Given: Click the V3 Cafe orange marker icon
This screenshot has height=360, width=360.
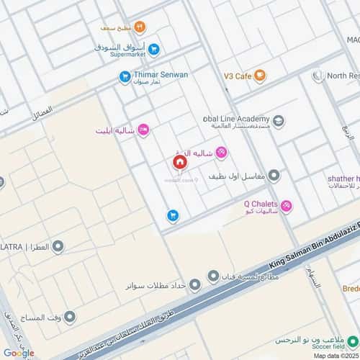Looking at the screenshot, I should click(x=260, y=74).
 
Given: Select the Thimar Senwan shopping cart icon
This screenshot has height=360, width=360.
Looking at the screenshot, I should click(x=125, y=75).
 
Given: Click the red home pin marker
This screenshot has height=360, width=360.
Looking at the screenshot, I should click(x=179, y=162).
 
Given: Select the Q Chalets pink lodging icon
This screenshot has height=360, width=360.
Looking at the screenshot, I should click(x=287, y=207).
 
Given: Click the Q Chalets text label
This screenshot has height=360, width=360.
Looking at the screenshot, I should click(x=261, y=203).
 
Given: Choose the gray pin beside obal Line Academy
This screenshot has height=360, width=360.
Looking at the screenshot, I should click(x=279, y=121).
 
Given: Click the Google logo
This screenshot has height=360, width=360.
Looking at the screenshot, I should click(x=18, y=352).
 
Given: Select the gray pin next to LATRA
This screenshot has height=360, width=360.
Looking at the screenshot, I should click(x=58, y=247).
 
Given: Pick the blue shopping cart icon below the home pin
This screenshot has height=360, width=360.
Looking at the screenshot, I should click(x=173, y=215).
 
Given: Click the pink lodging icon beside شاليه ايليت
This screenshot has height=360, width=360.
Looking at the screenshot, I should click(x=143, y=130).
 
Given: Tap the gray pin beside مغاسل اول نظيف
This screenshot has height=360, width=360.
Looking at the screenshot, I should click(x=274, y=175).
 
